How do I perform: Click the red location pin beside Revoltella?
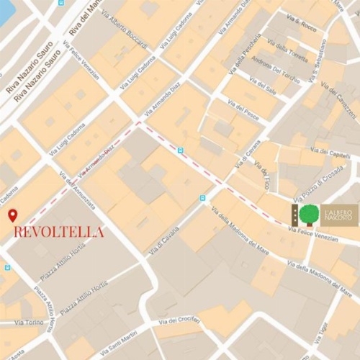[x=12, y=216]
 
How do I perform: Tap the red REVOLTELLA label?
[x=59, y=233]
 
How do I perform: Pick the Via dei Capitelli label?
[x=330, y=153]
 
